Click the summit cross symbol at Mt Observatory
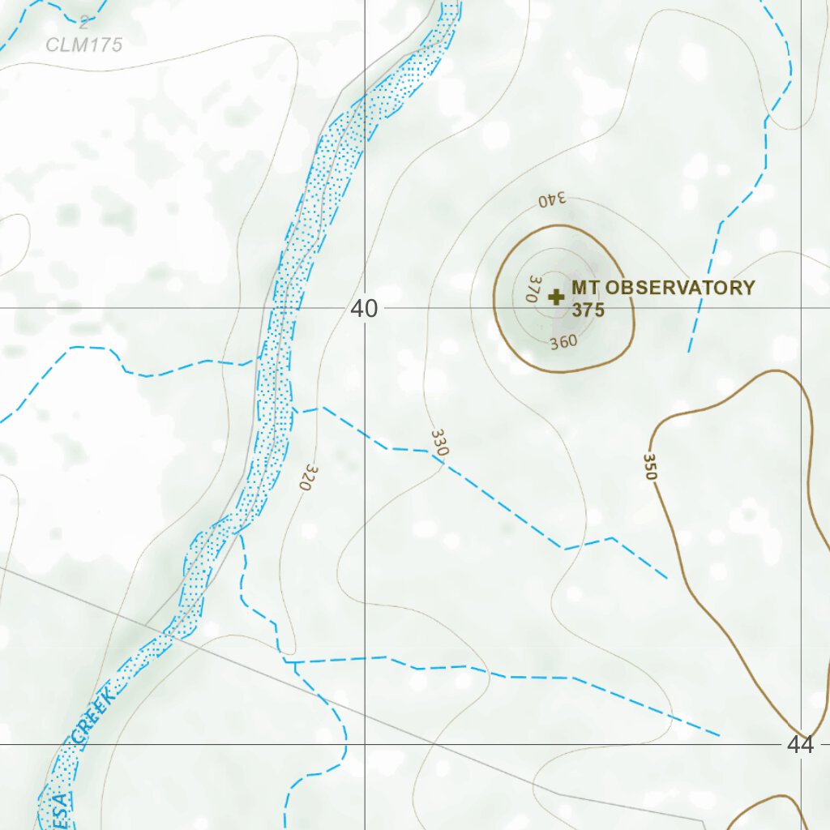point(556,297)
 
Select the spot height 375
point(588,310)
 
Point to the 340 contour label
point(552,199)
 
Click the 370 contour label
point(533,289)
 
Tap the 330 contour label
point(439,442)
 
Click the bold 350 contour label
point(649,467)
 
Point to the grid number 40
point(365,309)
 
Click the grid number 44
point(800,744)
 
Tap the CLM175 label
point(84,45)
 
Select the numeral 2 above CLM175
point(83,23)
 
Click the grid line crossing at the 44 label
point(802,743)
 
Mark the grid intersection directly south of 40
point(365,743)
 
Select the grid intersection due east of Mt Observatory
point(802,308)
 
